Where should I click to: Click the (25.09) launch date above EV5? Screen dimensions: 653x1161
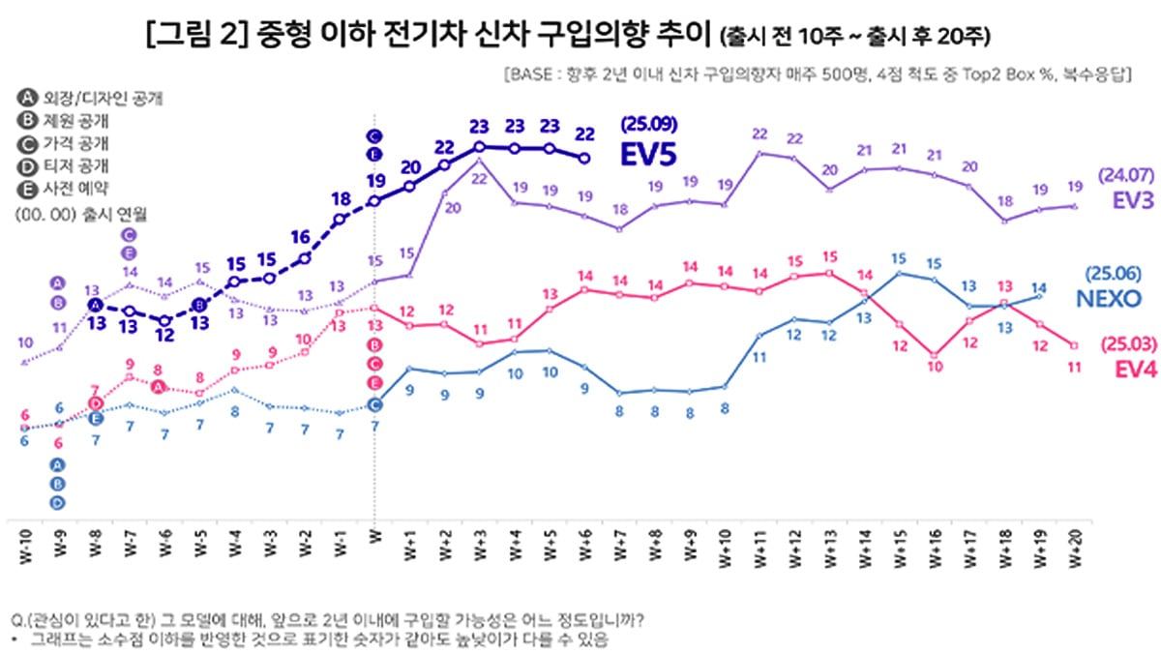tap(648, 124)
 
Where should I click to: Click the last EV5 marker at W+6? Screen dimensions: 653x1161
tap(583, 158)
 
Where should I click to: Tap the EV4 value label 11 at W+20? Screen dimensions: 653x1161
tap(1073, 366)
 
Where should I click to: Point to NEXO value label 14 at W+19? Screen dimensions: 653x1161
tap(1039, 287)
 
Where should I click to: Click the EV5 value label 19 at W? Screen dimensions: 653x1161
tap(375, 179)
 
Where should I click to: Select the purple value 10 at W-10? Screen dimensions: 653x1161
tap(25, 342)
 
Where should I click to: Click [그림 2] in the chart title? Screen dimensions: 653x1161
tap(199, 35)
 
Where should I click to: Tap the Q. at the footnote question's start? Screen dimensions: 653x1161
tap(17, 620)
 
